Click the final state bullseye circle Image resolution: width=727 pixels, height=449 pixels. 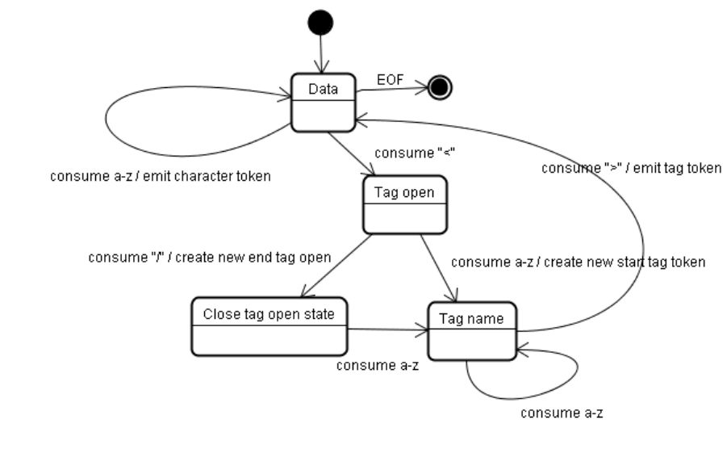440,87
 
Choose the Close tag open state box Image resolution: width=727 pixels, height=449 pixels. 268,325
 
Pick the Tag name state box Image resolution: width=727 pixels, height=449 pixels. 471,330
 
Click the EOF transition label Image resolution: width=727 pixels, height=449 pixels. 391,80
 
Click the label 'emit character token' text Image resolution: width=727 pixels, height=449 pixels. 161,176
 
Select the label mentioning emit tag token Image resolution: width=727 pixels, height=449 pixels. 631,168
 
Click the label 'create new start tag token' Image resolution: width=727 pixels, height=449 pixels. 578,262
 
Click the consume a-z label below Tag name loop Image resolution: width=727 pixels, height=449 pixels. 562,413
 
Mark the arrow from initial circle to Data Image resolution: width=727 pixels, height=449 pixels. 320,55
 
